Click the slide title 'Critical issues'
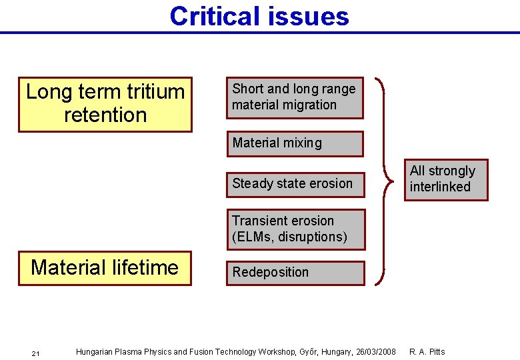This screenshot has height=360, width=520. click(x=259, y=16)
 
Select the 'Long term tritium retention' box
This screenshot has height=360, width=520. click(x=105, y=104)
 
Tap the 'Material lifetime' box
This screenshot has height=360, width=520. click(x=105, y=268)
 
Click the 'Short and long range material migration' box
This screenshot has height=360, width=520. click(x=295, y=97)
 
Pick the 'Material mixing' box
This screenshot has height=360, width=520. click(x=295, y=143)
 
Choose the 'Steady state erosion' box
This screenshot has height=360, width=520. click(x=295, y=184)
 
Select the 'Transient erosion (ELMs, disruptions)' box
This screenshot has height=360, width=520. click(x=295, y=229)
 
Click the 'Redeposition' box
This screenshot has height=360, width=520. click(x=295, y=273)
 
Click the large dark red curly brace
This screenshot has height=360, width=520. click(x=385, y=180)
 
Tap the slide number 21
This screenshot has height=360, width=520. click(x=35, y=353)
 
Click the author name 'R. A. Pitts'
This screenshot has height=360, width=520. click(x=427, y=351)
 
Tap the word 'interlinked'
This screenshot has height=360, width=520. click(x=440, y=187)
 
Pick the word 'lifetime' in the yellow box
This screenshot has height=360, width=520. click(x=146, y=268)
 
